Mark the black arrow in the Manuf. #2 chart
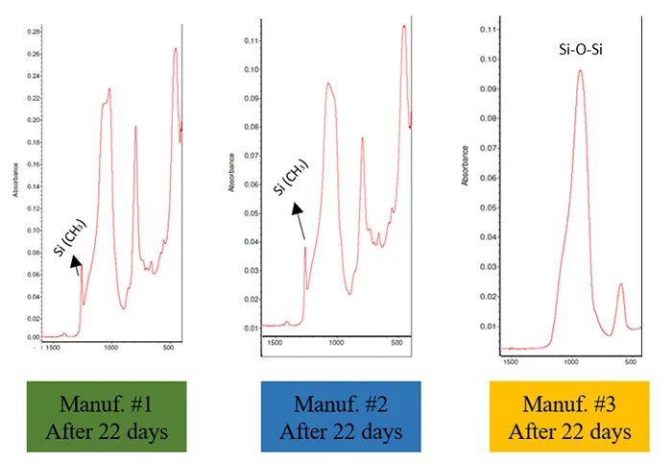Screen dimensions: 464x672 click(x=300, y=221)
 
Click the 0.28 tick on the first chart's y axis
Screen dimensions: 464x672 click(x=35, y=31)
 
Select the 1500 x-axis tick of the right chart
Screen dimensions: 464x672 click(x=511, y=362)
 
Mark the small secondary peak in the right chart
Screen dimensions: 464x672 click(x=620, y=284)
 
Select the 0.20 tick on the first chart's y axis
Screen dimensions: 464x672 click(x=35, y=120)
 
